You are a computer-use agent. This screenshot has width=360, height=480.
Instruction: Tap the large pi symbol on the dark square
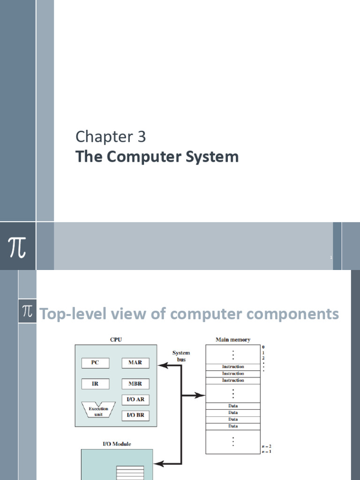[x=17, y=247]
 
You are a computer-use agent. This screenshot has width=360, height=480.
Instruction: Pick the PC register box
[x=95, y=363]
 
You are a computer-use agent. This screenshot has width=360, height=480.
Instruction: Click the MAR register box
[x=135, y=363]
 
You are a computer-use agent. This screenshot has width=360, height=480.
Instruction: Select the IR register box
[x=95, y=383]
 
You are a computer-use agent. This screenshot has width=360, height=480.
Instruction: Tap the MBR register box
[x=135, y=383]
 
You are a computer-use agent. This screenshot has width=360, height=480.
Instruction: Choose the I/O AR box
[x=135, y=399]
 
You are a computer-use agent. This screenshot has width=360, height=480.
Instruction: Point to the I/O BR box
[x=135, y=415]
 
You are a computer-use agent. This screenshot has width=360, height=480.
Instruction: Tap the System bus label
[x=181, y=355]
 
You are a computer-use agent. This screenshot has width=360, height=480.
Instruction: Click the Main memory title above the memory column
[x=232, y=339]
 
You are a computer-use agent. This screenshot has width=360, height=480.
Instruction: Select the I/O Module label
[x=117, y=443]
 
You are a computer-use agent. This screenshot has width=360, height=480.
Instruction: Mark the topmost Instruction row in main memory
[x=233, y=367]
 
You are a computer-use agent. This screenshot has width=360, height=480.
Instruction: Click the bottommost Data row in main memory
[x=233, y=426]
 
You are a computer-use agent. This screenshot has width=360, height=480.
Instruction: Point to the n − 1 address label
[x=266, y=451]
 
